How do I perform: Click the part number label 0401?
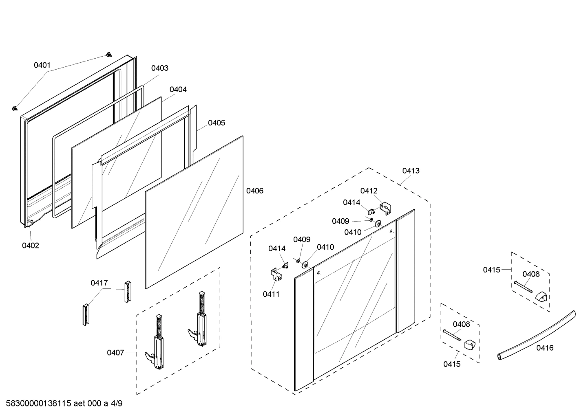[42, 65]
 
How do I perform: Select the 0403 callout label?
[159, 68]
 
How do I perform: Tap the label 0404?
[178, 90]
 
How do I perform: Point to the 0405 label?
[216, 123]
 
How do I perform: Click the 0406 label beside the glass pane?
[255, 191]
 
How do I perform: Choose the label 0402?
[31, 245]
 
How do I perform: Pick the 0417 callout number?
[99, 283]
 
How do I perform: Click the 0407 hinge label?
[115, 353]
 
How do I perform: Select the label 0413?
[411, 171]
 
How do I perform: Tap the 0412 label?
[369, 191]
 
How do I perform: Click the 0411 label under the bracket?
[271, 294]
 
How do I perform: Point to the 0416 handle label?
[545, 348]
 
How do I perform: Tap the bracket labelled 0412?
[385, 208]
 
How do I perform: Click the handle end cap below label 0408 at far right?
[542, 296]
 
